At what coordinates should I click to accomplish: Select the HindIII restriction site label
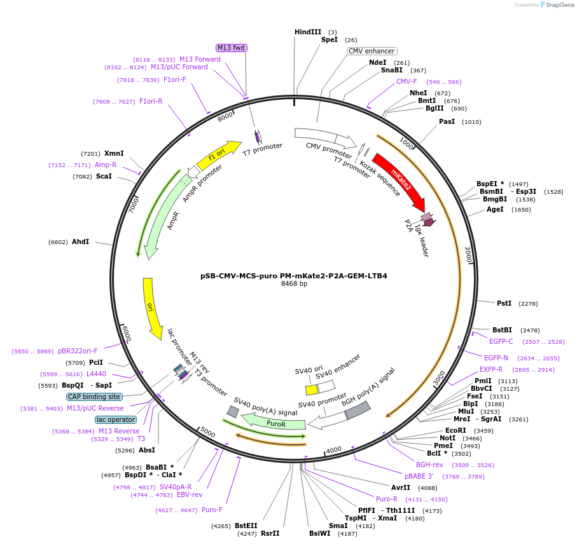pos(308,32)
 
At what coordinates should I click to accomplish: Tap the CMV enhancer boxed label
pos(372,51)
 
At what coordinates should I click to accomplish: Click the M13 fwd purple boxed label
pos(231,48)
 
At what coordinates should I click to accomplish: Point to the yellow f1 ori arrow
pos(218,156)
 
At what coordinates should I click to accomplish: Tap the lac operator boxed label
pos(116,419)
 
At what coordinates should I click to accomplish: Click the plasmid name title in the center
pos(294,276)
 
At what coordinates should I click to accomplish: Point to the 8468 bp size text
pos(294,284)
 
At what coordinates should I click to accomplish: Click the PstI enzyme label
pos(504,304)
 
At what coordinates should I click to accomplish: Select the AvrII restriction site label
pos(401,488)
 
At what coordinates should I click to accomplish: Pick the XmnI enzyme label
pos(114,153)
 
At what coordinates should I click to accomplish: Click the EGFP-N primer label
pos(496,358)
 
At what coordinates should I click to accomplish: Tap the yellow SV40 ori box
pos(312,390)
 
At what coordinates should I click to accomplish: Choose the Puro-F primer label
pos(212,510)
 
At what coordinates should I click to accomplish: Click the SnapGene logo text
pos(557,5)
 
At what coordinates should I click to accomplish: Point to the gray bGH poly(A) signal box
pos(358,411)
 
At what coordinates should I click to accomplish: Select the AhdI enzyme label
pos(80,241)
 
